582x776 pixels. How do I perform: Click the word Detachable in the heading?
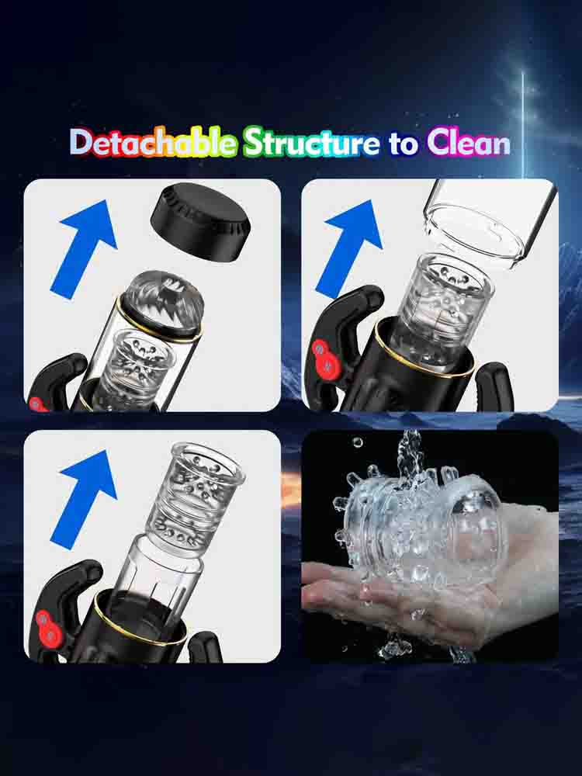coord(154,142)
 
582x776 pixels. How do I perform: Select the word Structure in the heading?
coord(312,142)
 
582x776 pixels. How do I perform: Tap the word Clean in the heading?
coord(469,143)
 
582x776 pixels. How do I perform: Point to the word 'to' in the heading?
coord(404,144)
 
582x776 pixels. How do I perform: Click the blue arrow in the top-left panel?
coord(84,248)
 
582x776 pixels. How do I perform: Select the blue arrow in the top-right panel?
coord(349,248)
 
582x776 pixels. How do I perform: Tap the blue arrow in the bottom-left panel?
coord(84,499)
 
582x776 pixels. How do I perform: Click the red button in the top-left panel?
coord(36,404)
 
